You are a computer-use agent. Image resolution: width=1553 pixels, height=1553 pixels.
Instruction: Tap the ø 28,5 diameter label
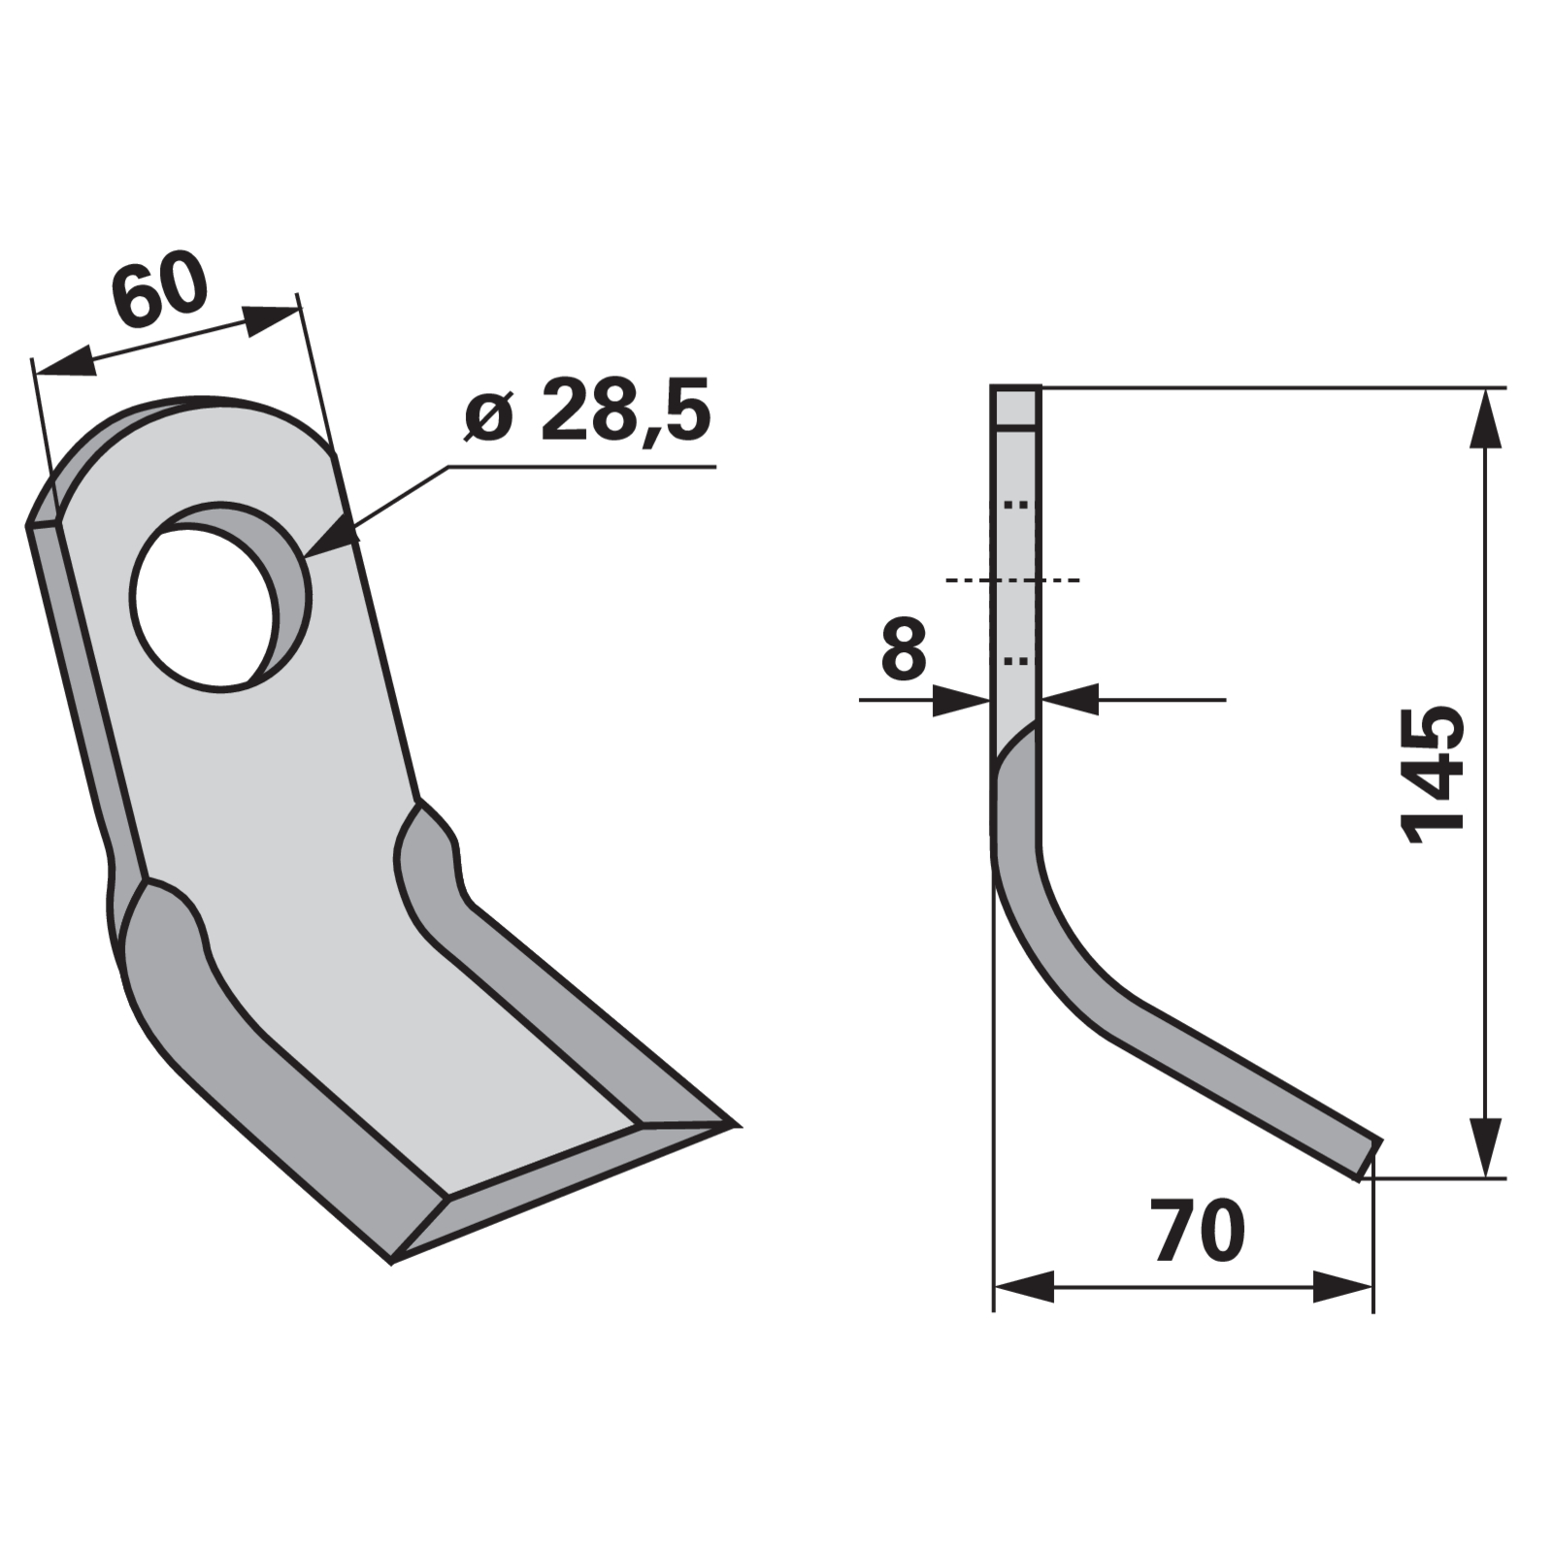(588, 411)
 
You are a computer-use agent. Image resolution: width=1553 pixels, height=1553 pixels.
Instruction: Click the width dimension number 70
(1199, 1231)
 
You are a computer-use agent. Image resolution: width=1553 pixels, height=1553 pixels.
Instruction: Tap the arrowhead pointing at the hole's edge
(330, 537)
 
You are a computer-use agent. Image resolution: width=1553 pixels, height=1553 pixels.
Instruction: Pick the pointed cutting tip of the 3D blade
(738, 1126)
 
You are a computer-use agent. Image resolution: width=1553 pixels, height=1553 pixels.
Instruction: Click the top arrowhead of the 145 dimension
(1485, 418)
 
